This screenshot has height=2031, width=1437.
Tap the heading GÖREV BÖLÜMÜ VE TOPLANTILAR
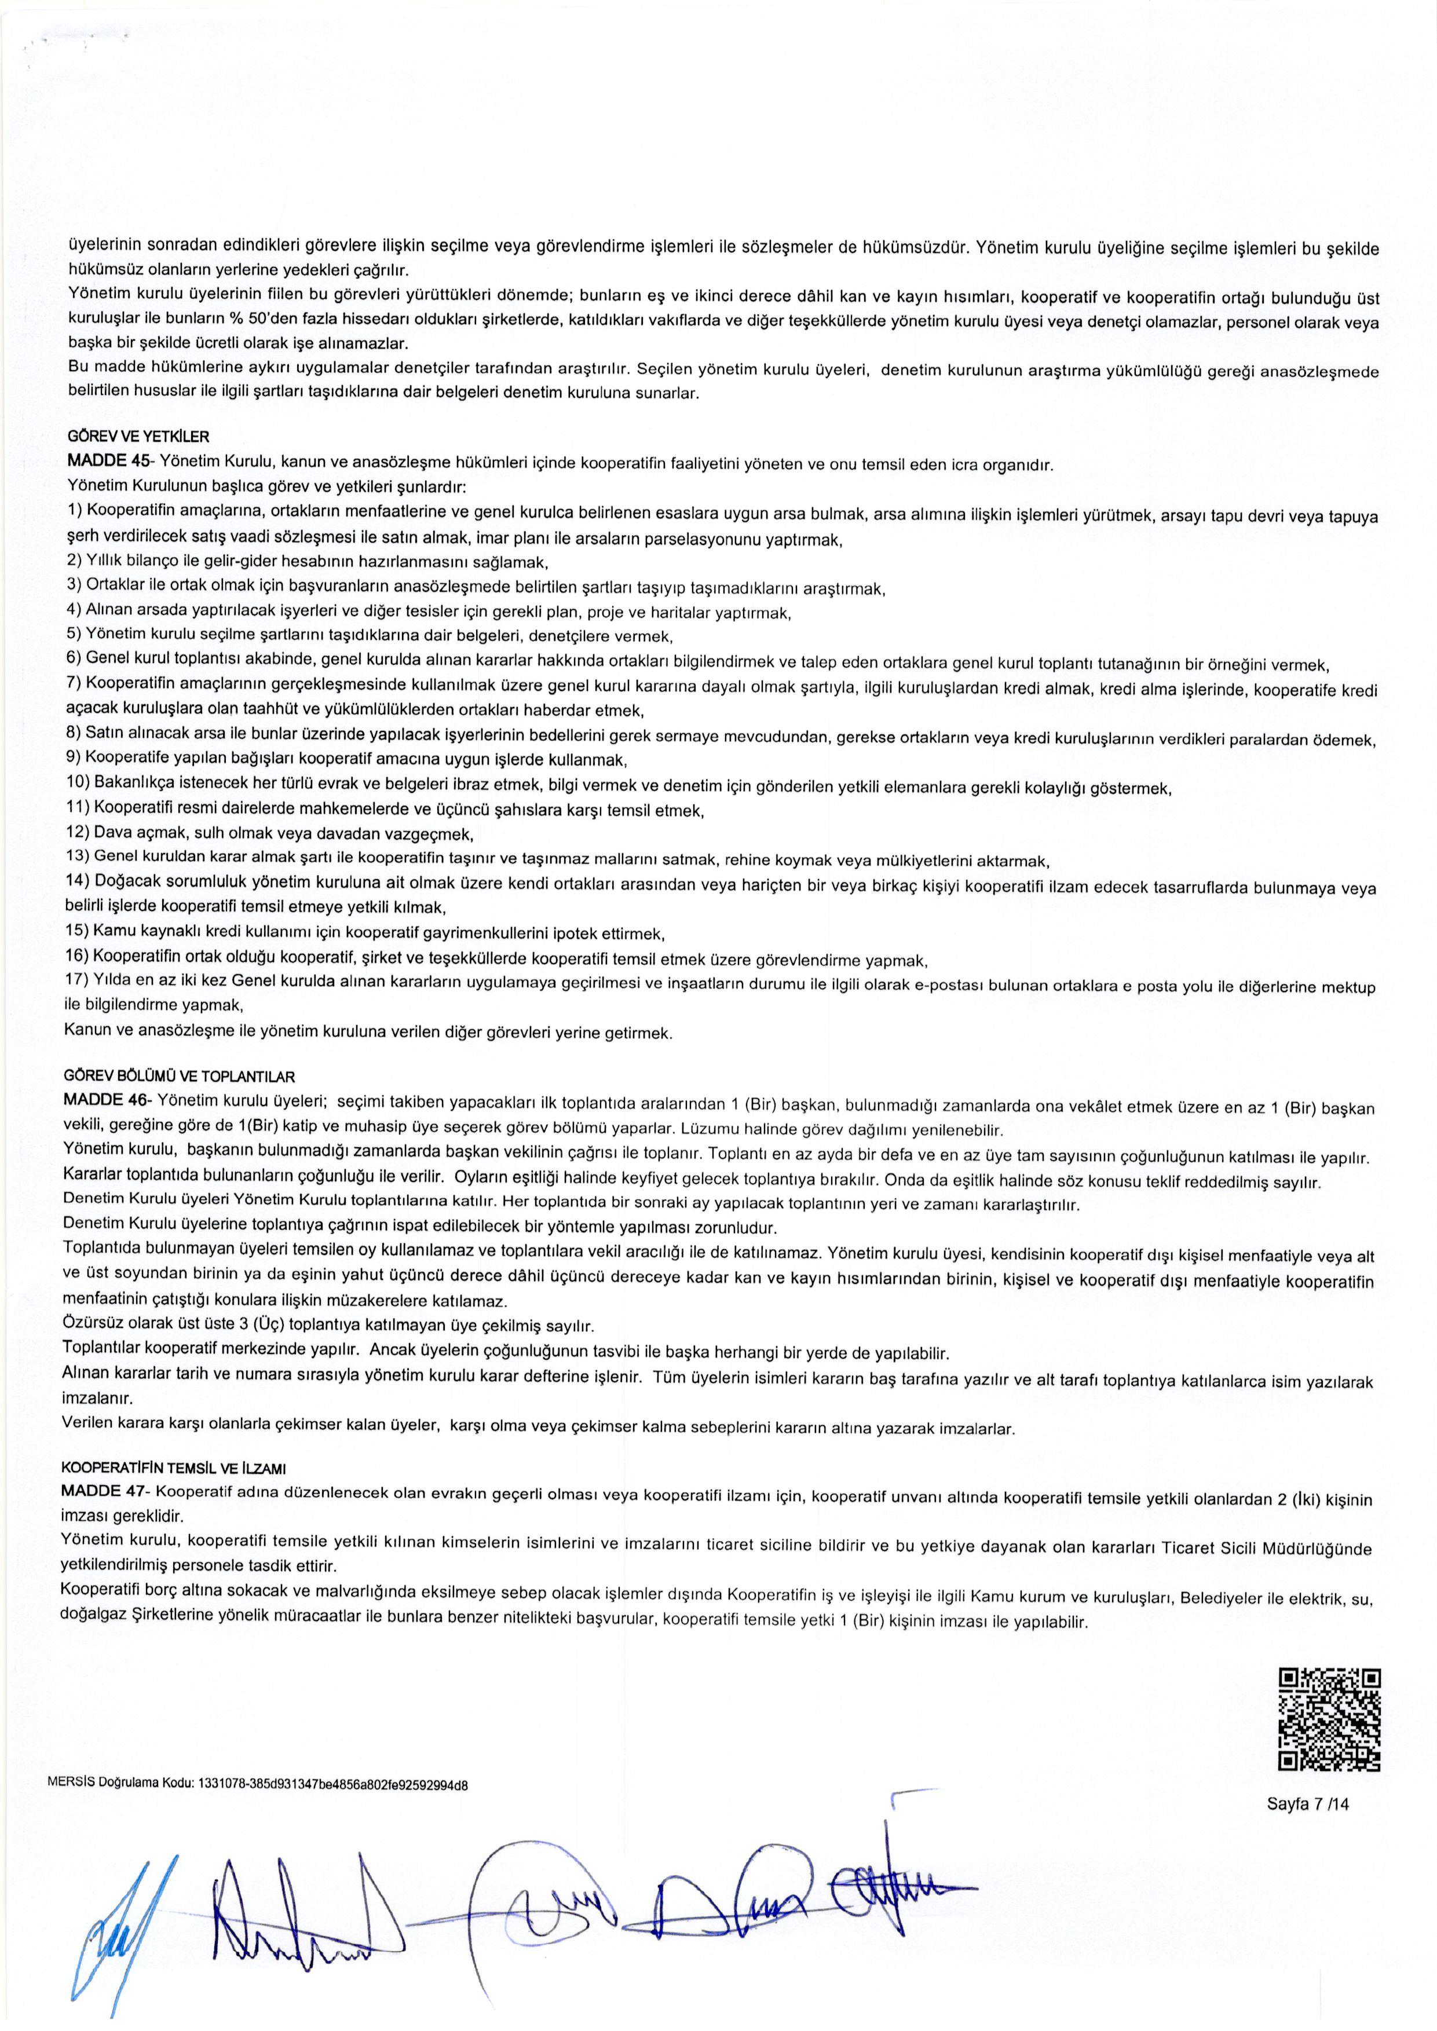click(x=179, y=1077)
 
